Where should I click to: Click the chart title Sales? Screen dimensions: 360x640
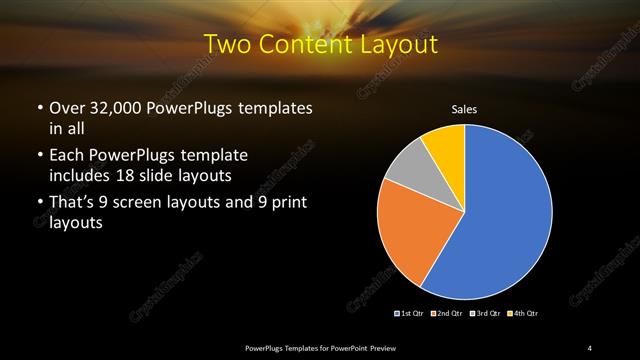465,109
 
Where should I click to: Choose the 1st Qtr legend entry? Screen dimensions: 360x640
411,314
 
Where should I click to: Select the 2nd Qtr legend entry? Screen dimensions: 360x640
446,314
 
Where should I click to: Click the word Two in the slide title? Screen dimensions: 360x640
226,45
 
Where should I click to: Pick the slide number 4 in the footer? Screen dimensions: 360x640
591,347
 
